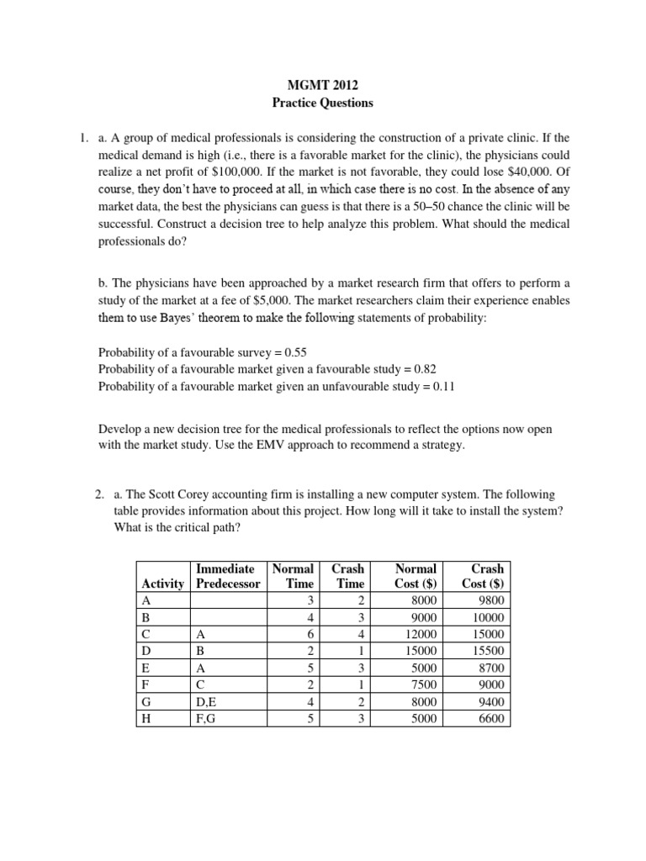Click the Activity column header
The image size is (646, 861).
[163, 584]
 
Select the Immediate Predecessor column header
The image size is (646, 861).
[228, 576]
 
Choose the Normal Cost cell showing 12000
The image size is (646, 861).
[420, 634]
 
